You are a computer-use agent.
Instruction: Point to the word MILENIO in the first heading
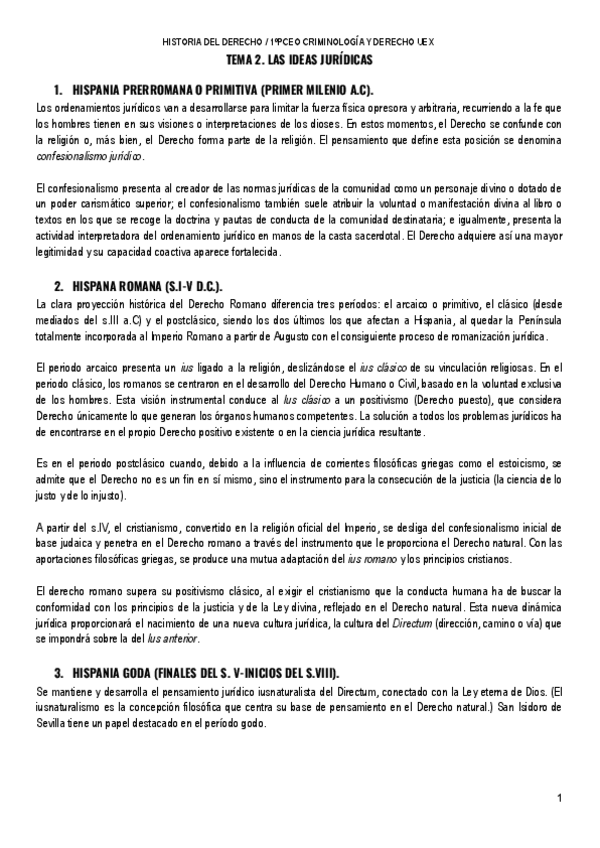pyautogui.click(x=311, y=90)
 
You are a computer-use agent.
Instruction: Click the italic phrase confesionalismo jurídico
pyautogui.click(x=89, y=157)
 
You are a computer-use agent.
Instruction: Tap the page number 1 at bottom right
pyautogui.click(x=561, y=797)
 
